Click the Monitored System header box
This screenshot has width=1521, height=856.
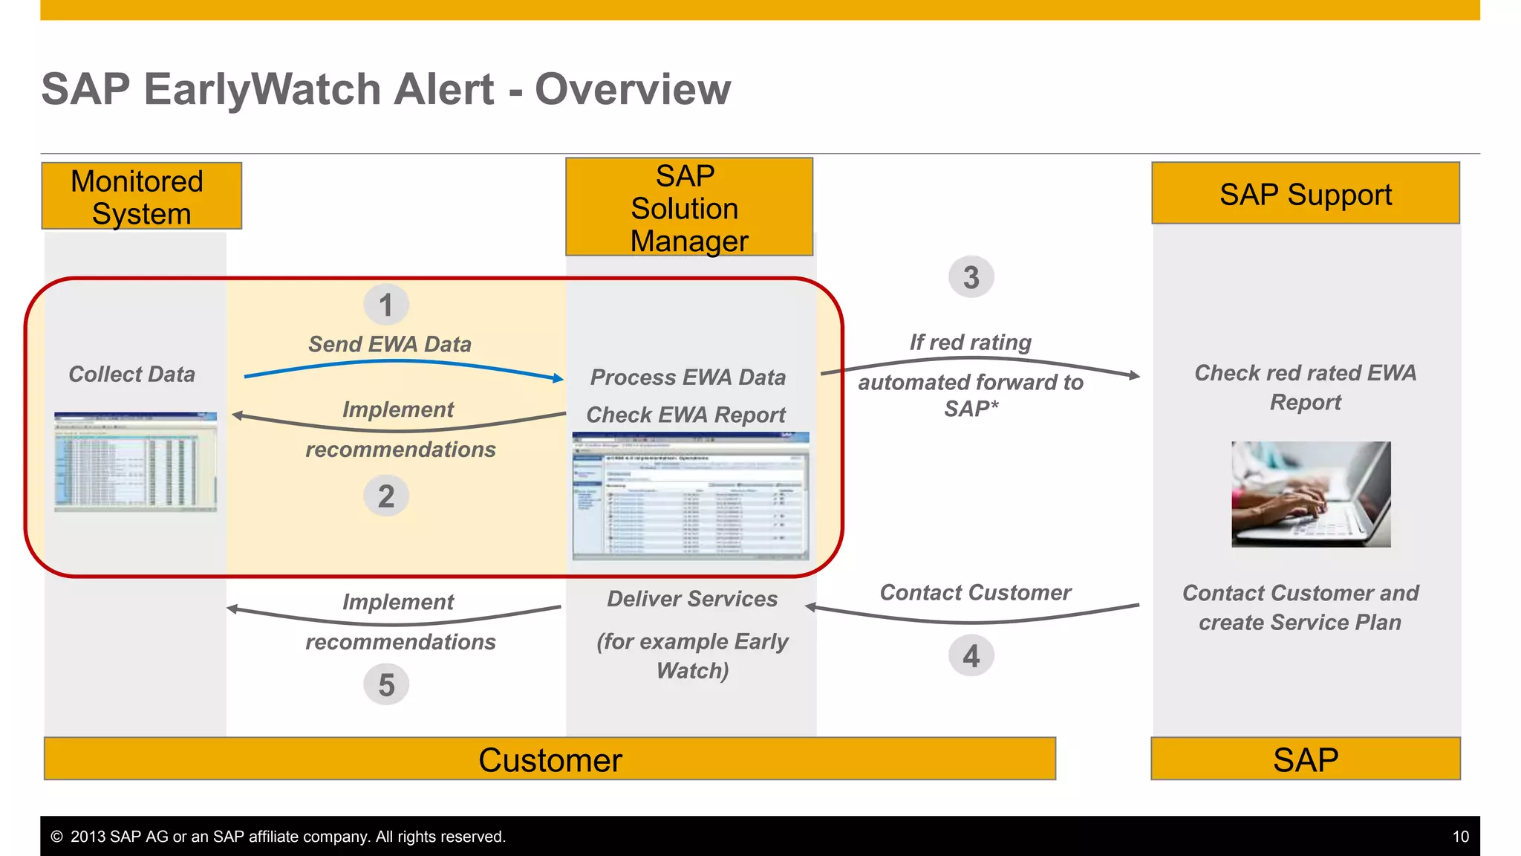(141, 196)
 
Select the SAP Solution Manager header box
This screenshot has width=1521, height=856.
(688, 207)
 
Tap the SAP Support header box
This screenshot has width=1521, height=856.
(1305, 193)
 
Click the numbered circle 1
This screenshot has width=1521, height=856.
(385, 305)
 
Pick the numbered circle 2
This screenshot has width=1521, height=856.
(385, 496)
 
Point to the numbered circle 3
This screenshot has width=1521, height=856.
(971, 277)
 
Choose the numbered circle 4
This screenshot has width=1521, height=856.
(971, 655)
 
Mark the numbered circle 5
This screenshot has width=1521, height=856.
(385, 684)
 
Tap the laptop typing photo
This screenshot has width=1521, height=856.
(1311, 494)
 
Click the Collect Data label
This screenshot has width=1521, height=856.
(131, 374)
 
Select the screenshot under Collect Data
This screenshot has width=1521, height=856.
(135, 461)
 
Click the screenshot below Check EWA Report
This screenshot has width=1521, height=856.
(690, 496)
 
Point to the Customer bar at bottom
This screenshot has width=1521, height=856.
(550, 759)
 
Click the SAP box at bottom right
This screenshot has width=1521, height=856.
(1305, 759)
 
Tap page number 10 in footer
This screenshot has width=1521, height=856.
(1460, 837)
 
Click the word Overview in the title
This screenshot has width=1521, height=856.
(633, 89)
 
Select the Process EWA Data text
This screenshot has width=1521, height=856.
(688, 377)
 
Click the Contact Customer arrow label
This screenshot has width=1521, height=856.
(974, 592)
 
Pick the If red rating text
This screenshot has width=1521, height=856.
(970, 342)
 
